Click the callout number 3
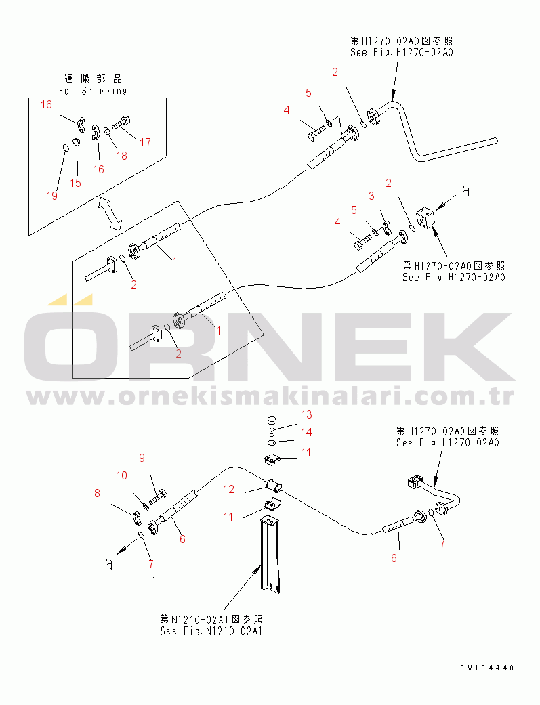[x=371, y=196]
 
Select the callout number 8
[x=97, y=494]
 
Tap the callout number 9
[x=142, y=458]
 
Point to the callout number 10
[x=121, y=476]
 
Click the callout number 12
[x=229, y=489]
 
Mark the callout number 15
[x=75, y=183]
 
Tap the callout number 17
[x=145, y=142]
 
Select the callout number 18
[x=121, y=156]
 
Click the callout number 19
[x=52, y=196]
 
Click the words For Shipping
[x=92, y=90]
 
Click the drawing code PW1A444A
[x=486, y=668]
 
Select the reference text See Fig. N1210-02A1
[x=211, y=631]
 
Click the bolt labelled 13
[x=271, y=425]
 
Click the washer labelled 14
[x=271, y=443]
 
